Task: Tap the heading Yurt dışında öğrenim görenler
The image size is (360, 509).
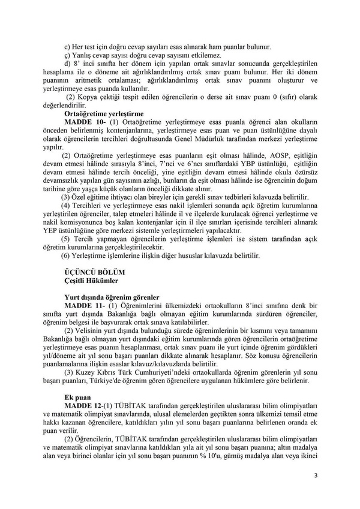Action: [x=111, y=297]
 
